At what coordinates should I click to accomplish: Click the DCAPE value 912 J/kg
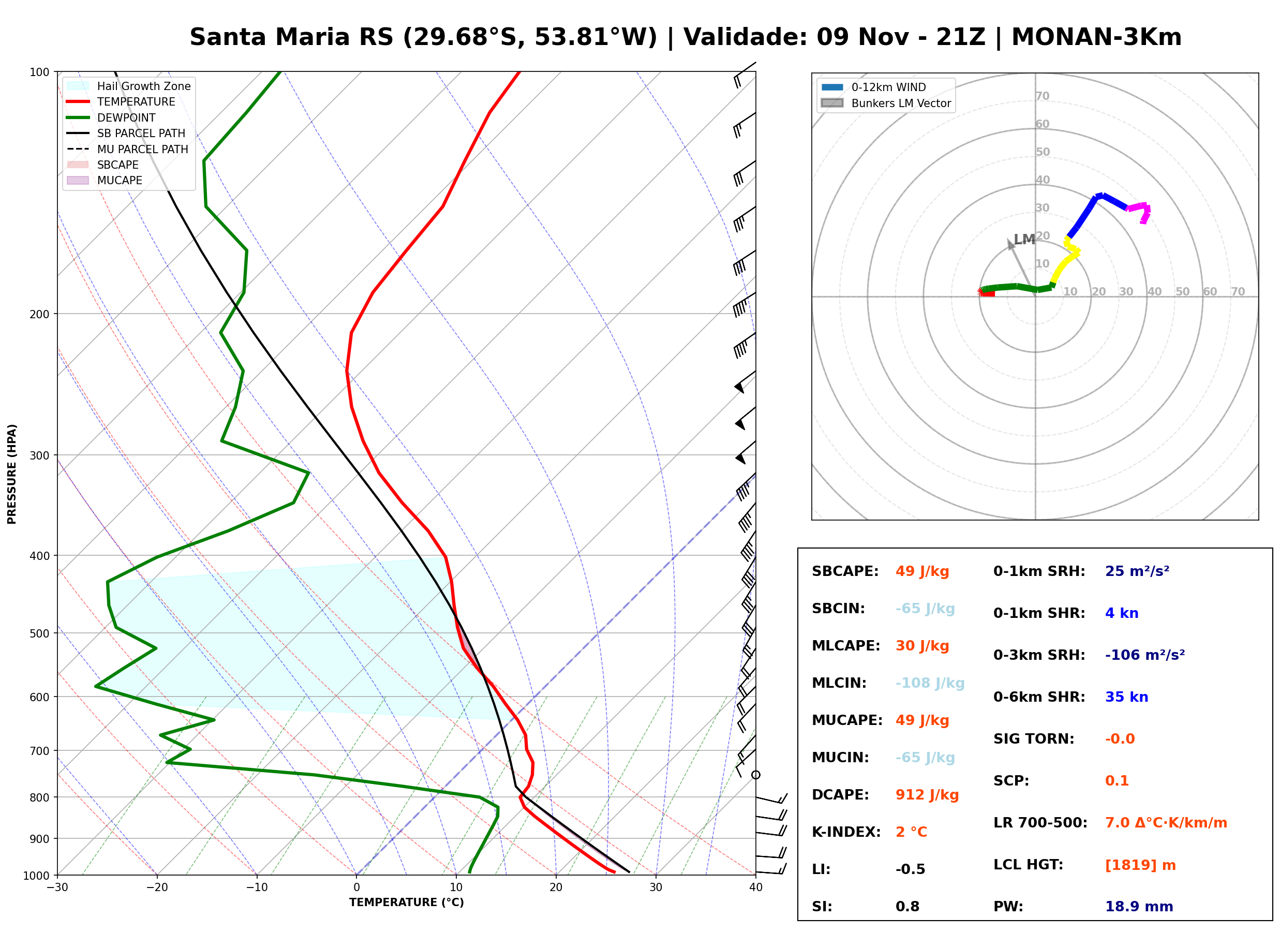[x=927, y=795]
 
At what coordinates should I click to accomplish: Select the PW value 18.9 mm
[x=1139, y=907]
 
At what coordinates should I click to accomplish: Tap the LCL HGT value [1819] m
[x=1140, y=865]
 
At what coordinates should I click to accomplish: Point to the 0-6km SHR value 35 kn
[x=1126, y=697]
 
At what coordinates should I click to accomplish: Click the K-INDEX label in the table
[x=846, y=832]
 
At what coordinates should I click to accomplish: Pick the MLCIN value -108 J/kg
[x=930, y=683]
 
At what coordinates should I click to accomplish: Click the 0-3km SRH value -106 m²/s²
[x=1145, y=655]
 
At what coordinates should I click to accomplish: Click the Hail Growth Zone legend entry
[x=129, y=86]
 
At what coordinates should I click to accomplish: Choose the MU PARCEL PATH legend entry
[x=128, y=149]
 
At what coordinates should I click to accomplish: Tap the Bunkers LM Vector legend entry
[x=886, y=103]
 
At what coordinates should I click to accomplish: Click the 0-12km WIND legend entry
[x=873, y=87]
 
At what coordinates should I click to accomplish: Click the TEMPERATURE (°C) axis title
[x=406, y=902]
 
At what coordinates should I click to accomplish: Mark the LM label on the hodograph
[x=1024, y=239]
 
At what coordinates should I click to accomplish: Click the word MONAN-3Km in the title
[x=1096, y=37]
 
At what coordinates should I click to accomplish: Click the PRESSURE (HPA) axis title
[x=11, y=474]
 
